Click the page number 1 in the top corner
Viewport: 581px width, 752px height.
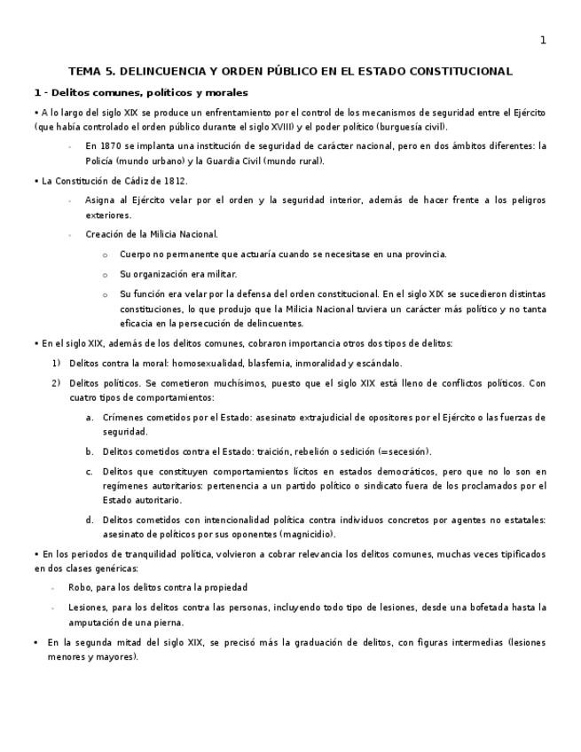pyautogui.click(x=543, y=40)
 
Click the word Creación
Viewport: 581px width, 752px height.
pyautogui.click(x=105, y=234)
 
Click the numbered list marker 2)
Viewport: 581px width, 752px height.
pyautogui.click(x=57, y=383)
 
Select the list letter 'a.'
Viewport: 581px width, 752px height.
pyautogui.click(x=90, y=417)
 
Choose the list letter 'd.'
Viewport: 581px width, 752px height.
pyautogui.click(x=90, y=520)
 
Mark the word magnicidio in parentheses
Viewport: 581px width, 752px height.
pyautogui.click(x=307, y=535)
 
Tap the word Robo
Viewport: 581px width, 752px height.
pyautogui.click(x=79, y=587)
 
